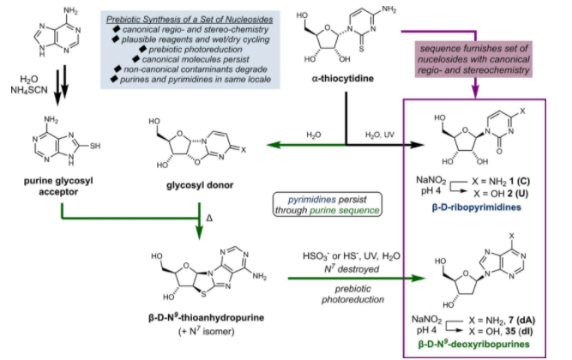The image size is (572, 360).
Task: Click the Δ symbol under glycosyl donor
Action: [x=211, y=219]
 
